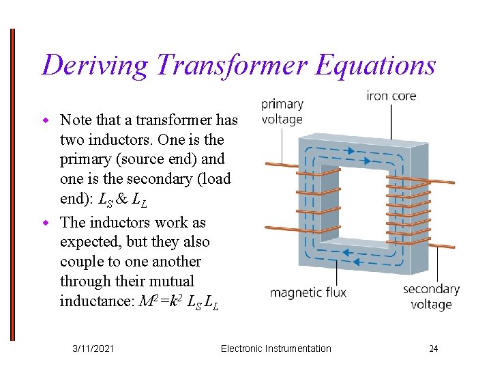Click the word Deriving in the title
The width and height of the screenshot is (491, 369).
point(93,65)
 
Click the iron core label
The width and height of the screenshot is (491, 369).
point(391,96)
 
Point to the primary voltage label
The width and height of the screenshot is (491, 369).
point(282,111)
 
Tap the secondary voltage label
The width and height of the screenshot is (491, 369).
point(431,297)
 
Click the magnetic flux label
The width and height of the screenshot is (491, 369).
point(308,292)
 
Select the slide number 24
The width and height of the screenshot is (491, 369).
point(433,348)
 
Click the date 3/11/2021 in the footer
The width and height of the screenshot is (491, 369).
point(93,348)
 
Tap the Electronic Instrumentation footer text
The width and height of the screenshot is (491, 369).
point(276,348)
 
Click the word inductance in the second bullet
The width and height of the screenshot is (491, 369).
point(91,301)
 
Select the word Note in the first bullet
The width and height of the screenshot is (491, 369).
point(75,120)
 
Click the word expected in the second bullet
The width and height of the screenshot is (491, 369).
point(87,242)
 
